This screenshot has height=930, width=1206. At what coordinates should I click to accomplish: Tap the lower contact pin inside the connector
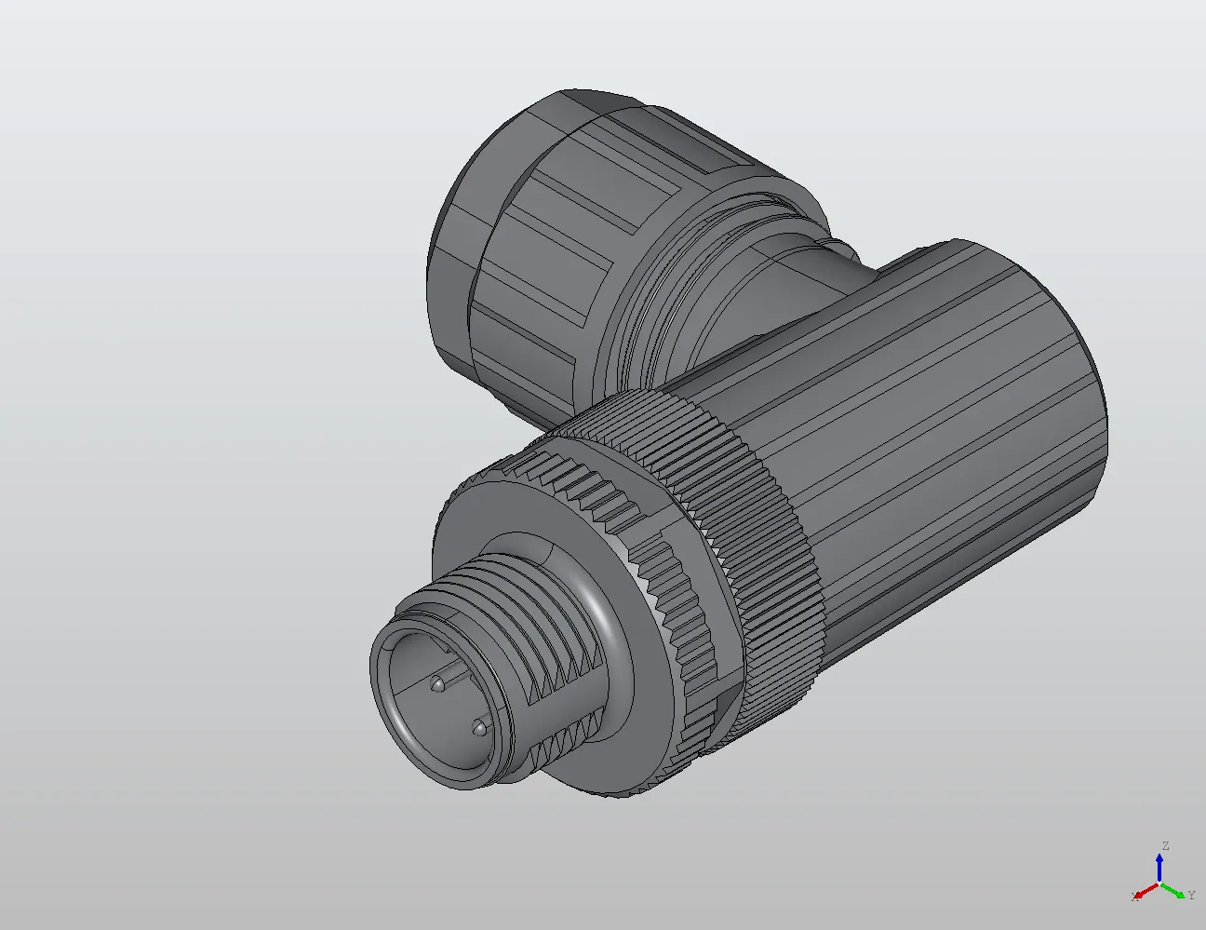(478, 726)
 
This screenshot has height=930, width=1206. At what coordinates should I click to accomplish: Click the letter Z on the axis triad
(1164, 846)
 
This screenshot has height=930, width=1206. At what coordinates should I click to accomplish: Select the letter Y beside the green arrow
(1191, 896)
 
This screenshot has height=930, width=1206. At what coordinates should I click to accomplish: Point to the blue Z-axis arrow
(1159, 866)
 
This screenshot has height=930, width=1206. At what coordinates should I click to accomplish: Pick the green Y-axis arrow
(1174, 890)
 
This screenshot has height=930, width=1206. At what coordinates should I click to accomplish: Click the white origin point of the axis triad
(1159, 883)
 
